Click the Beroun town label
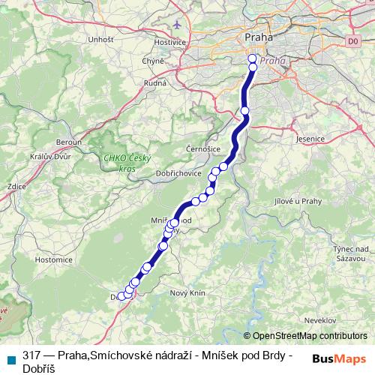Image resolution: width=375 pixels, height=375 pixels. click(x=68, y=142)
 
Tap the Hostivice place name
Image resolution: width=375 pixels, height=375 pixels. click(x=169, y=43)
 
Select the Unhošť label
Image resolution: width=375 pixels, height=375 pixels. click(x=100, y=39)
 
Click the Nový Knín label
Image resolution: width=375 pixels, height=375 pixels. click(x=188, y=292)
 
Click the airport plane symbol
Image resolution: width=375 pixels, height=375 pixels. click(x=176, y=24)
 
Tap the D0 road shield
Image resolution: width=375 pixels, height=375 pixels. click(x=354, y=41)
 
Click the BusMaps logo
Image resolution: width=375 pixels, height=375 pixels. click(x=338, y=358)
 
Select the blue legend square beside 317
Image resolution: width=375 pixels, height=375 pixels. click(x=12, y=358)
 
